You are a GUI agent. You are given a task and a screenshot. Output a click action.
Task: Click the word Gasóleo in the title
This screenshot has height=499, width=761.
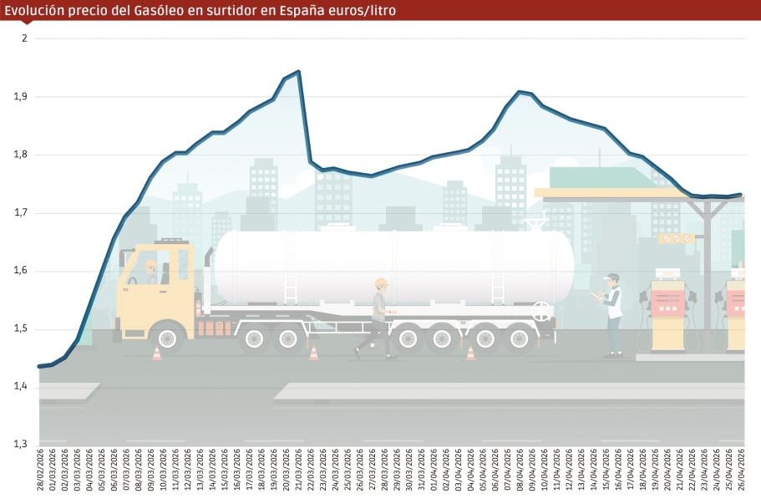pyautogui.click(x=173, y=11)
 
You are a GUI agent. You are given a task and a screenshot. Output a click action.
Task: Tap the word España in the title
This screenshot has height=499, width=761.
pyautogui.click(x=301, y=11)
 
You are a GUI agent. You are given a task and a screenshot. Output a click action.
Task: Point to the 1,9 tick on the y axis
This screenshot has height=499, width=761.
pyautogui.click(x=21, y=97)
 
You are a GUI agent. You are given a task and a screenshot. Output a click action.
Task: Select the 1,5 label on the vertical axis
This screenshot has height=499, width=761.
pyautogui.click(x=21, y=329)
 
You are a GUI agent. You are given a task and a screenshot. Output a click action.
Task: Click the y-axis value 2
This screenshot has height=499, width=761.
pyautogui.click(x=25, y=38)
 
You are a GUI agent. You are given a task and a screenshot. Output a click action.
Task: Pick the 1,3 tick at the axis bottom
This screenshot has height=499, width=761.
pyautogui.click(x=21, y=444)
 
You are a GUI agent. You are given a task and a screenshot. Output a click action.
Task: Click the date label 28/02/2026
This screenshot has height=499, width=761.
pyautogui.click(x=40, y=472)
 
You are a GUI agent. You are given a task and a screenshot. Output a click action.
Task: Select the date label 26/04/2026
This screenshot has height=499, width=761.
pyautogui.click(x=742, y=472)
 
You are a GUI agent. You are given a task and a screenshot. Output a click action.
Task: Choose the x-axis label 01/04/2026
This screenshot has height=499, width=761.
pyautogui.click(x=434, y=472)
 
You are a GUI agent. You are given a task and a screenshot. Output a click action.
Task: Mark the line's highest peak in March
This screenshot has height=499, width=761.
pyautogui.click(x=298, y=72)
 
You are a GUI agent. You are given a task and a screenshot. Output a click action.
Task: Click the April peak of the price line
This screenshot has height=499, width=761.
pyautogui.click(x=520, y=92)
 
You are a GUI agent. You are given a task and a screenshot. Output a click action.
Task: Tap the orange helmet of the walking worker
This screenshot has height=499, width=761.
pyautogui.click(x=381, y=283)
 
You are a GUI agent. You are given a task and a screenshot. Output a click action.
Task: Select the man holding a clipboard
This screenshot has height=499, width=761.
pyautogui.click(x=613, y=313)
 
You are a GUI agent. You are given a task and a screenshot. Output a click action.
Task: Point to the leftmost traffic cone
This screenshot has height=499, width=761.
pyautogui.click(x=156, y=353)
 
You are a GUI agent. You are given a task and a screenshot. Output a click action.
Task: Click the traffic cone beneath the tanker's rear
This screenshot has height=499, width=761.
pyautogui.click(x=470, y=353)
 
